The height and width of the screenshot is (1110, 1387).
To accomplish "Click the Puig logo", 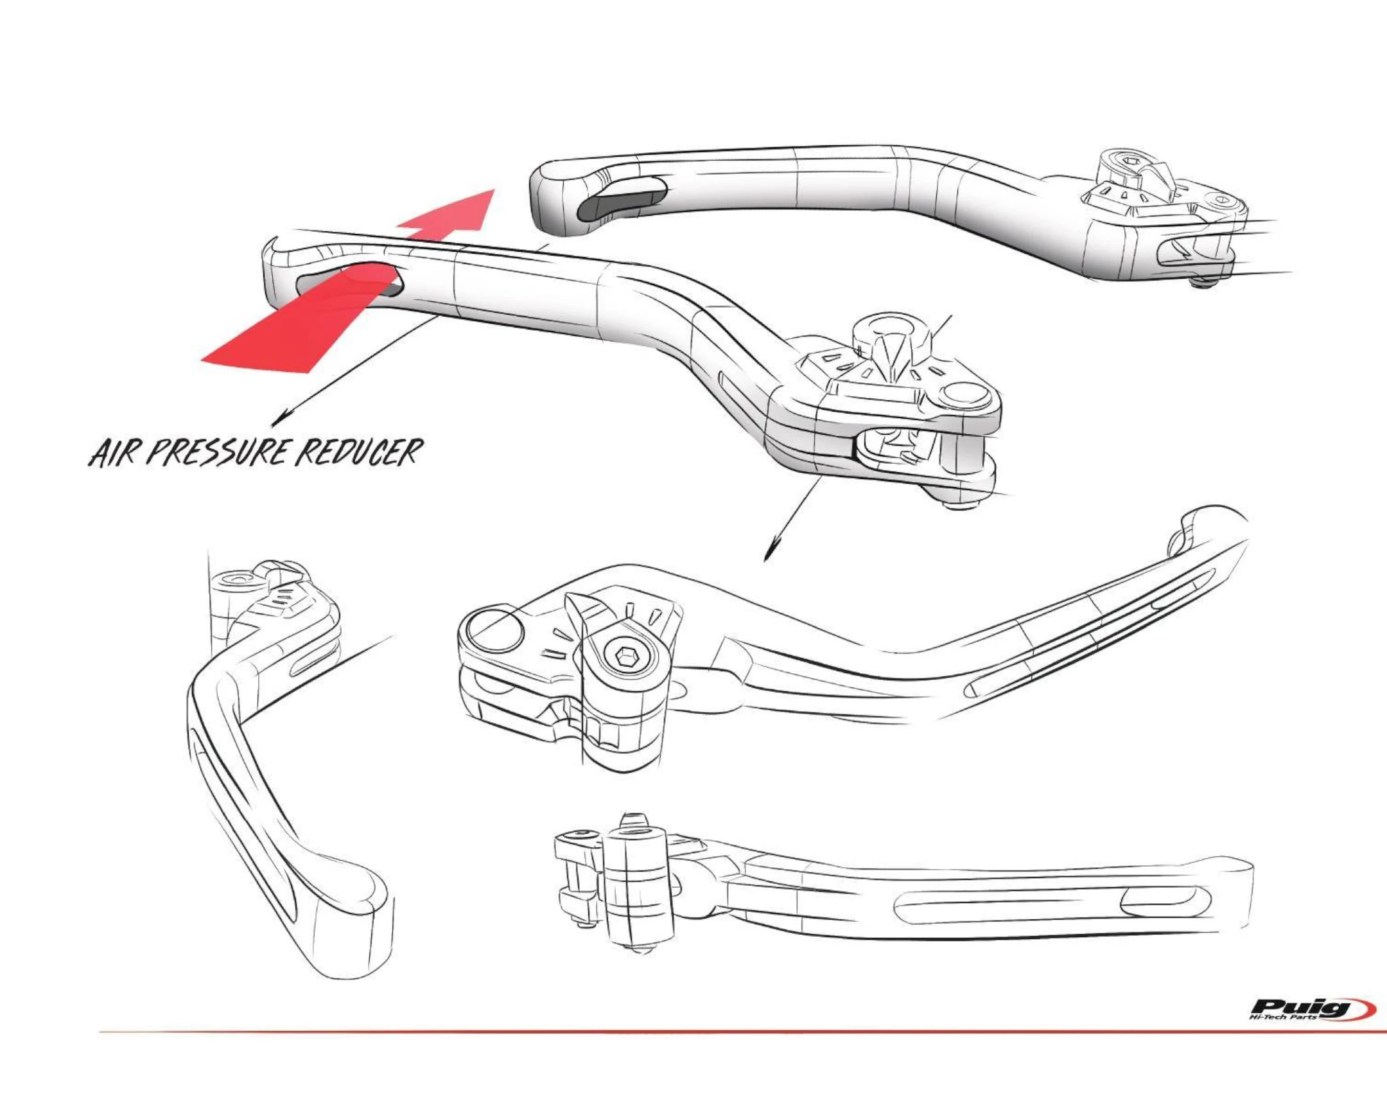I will tap(1306, 1026).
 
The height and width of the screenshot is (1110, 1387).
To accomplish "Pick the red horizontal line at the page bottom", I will tap(643, 1051).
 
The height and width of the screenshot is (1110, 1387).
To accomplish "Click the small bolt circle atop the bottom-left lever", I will tap(234, 580).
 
